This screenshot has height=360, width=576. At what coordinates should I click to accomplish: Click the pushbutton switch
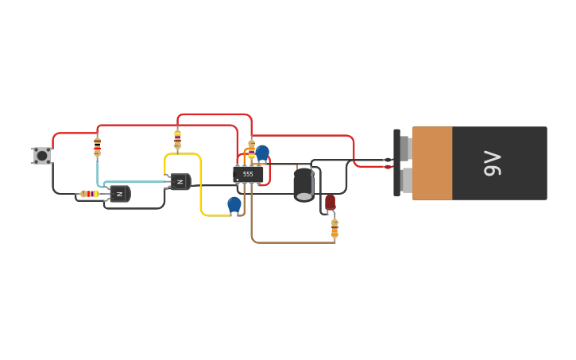coord(41,156)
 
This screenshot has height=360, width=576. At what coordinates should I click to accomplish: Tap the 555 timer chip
coord(248,174)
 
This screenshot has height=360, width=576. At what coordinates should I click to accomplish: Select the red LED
coord(331,202)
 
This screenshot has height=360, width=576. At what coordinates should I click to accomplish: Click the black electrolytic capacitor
coord(303,184)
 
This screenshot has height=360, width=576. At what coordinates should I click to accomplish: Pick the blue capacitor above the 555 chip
coord(262,152)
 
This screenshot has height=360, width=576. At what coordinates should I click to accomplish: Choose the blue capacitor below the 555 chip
coord(234,204)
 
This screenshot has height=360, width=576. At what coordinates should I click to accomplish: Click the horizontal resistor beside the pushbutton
coord(90,194)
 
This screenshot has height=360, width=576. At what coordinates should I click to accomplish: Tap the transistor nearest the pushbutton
coord(120,194)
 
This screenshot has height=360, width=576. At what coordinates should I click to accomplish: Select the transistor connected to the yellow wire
coord(180,182)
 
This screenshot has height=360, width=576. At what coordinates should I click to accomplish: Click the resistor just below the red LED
coord(334,229)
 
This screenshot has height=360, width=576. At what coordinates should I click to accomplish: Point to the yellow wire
coord(201,187)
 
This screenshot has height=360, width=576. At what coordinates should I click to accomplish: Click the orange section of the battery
coord(432,163)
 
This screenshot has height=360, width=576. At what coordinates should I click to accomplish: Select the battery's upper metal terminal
coord(405,148)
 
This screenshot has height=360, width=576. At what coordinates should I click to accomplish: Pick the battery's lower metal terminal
coord(406,180)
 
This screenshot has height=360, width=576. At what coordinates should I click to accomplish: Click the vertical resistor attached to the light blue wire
coord(98,146)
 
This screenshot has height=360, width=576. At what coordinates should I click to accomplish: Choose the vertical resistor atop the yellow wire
coord(177,140)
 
